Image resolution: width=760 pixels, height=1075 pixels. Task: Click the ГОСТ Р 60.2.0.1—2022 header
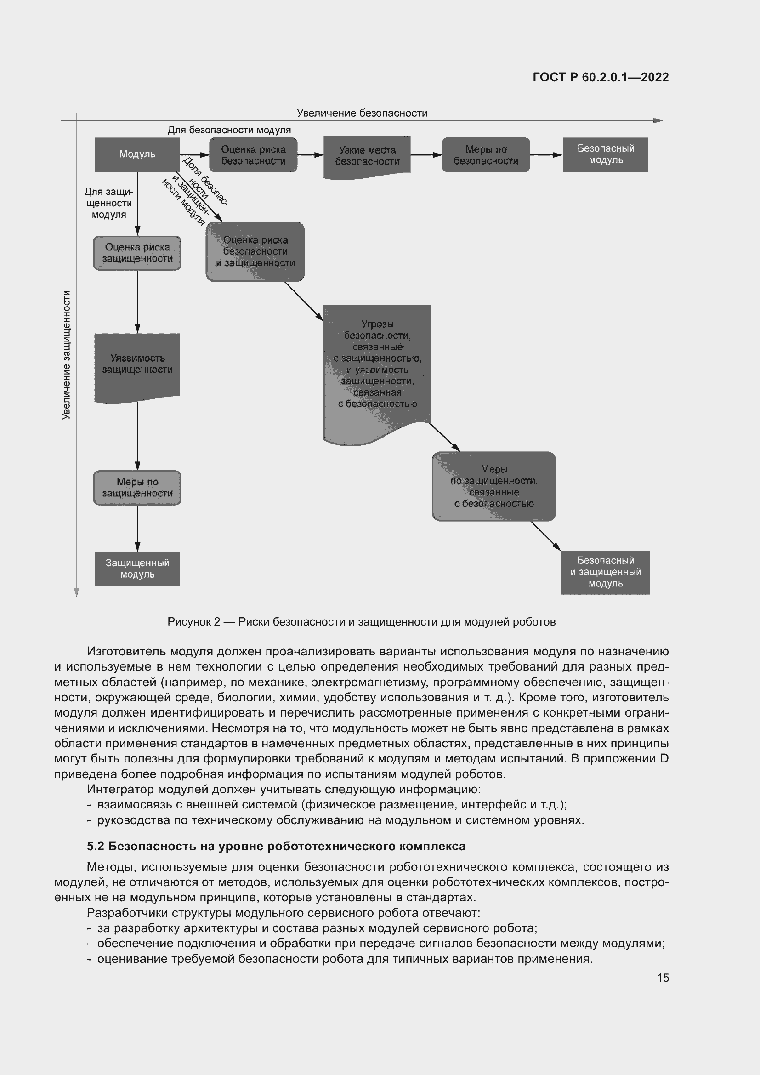click(601, 77)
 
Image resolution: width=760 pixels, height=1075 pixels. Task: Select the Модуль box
click(136, 154)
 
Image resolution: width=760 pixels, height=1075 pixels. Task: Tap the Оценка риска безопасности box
click(253, 155)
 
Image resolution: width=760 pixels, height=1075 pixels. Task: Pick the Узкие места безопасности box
click(367, 156)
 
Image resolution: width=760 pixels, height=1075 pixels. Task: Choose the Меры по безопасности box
click(486, 155)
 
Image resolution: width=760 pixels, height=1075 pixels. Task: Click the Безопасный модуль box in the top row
click(605, 154)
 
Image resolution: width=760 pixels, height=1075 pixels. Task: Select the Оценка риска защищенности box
click(137, 253)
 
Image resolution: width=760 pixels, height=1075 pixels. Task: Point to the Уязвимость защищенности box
click(137, 364)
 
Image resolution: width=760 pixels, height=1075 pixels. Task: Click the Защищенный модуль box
click(137, 569)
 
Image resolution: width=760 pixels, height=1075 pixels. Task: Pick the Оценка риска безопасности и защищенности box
click(255, 251)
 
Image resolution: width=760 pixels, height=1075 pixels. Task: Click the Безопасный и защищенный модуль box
click(605, 572)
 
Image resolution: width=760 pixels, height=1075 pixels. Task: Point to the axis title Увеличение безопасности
click(362, 113)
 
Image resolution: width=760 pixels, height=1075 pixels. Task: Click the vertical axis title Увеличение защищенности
click(67, 354)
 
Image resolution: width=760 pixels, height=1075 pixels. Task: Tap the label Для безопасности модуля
click(229, 130)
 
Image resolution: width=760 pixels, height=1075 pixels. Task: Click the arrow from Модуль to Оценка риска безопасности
click(194, 155)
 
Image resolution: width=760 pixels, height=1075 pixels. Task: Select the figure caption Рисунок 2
click(361, 622)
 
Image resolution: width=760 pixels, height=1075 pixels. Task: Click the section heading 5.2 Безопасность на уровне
click(276, 846)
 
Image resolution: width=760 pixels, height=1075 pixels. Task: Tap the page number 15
click(663, 978)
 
